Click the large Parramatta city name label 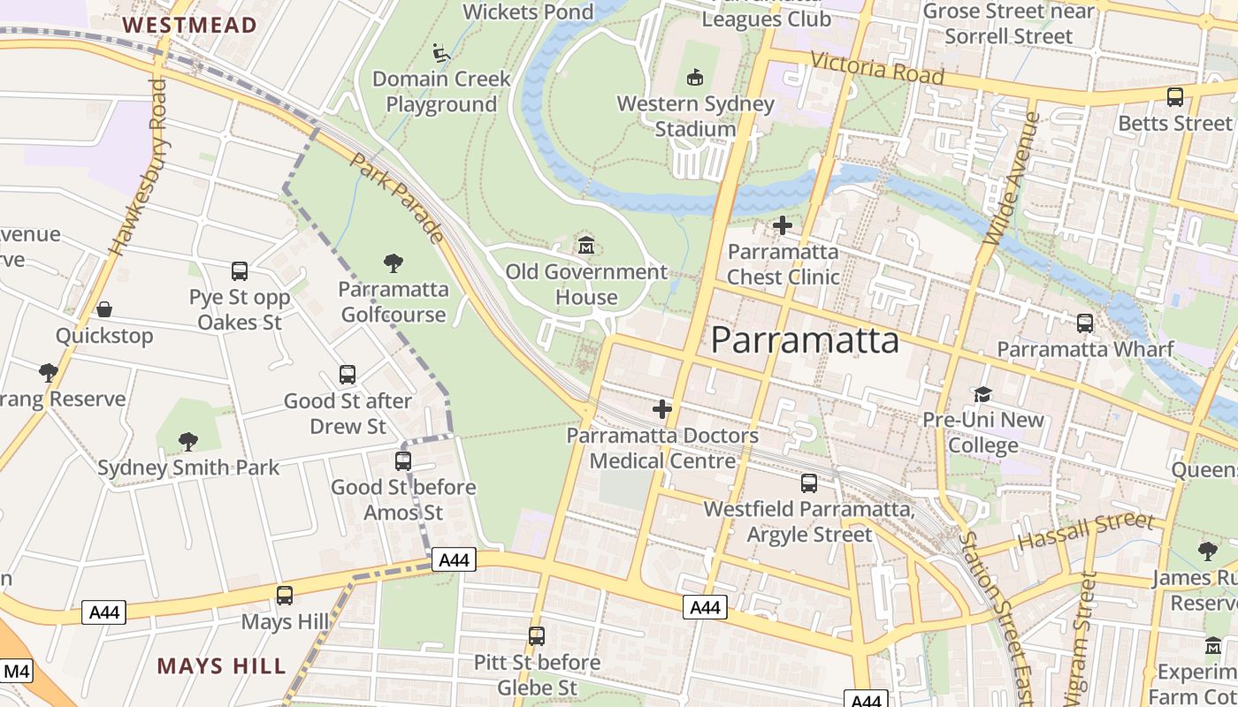point(805,340)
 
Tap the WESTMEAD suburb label point(190,25)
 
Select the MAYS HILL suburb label point(222,665)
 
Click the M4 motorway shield point(16,672)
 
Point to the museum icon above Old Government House point(585,245)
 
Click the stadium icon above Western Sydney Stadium point(695,78)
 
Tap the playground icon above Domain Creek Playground point(441,53)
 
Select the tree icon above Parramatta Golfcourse point(394,262)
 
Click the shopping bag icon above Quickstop point(104,309)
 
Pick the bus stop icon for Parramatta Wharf point(1085,323)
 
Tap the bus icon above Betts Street point(1175,97)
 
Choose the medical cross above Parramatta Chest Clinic point(783,225)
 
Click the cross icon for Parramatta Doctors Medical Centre point(662,409)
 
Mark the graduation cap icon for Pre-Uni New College point(982,393)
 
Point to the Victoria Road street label point(877,69)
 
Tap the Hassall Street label point(1086,531)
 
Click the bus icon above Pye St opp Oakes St point(240,271)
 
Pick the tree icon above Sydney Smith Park point(187,441)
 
